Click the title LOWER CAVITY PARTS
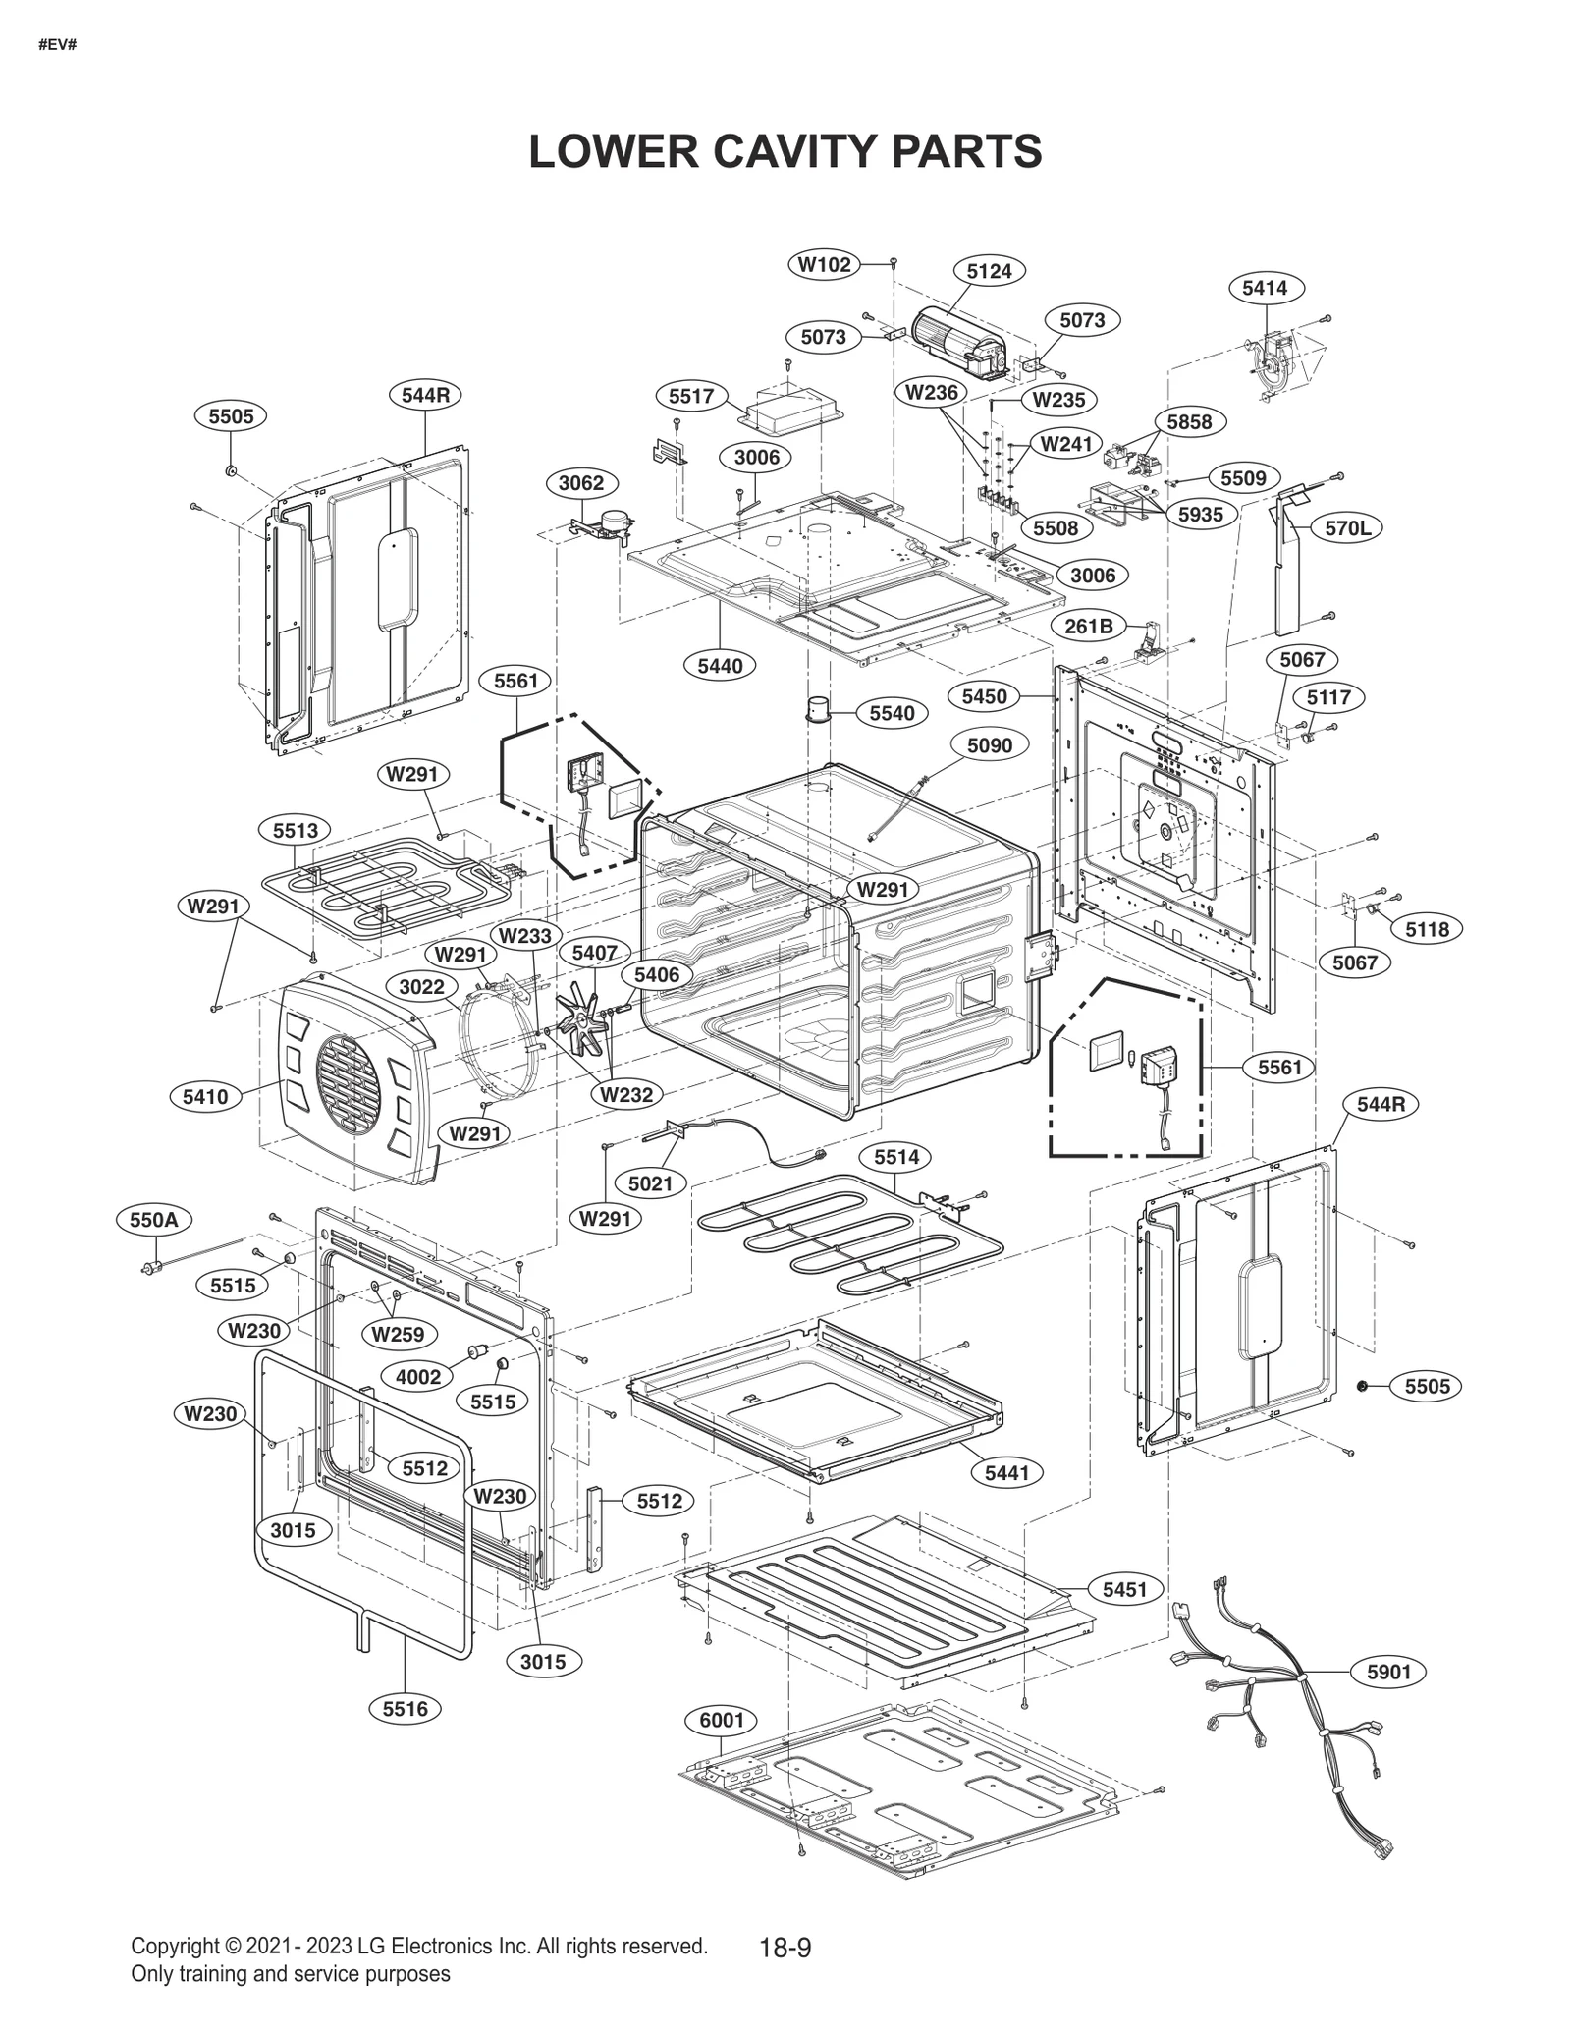point(785,151)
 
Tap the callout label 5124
point(989,271)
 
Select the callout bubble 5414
point(1265,288)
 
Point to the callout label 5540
point(892,713)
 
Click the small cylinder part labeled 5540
point(819,708)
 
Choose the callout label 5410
point(205,1097)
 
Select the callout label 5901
point(1388,1672)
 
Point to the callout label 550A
point(154,1220)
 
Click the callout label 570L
point(1347,528)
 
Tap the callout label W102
point(824,264)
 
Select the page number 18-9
point(785,1948)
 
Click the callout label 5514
point(896,1157)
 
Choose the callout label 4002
point(418,1377)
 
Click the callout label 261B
point(1088,626)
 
